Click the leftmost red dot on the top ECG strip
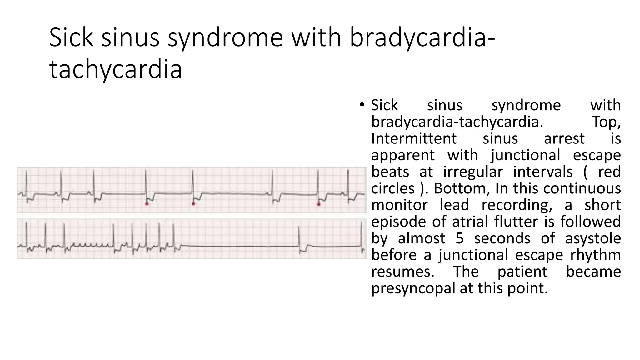[147, 204]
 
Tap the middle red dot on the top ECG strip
[193, 204]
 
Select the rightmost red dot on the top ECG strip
[319, 204]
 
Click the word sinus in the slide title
[130, 37]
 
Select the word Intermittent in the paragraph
[414, 138]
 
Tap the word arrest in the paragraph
[564, 138]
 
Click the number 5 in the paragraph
[459, 238]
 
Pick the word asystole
[593, 238]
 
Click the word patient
[522, 271]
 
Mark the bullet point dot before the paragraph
[362, 104]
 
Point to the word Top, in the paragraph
[606, 122]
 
